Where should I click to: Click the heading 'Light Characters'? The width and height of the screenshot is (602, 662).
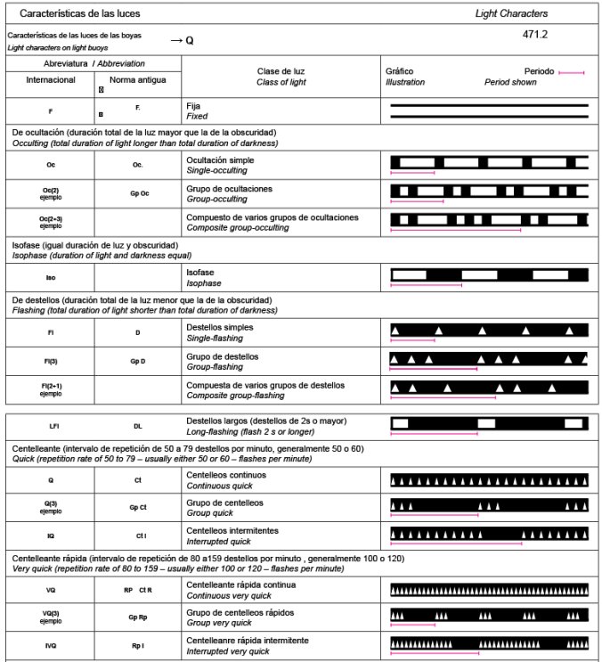coord(512,14)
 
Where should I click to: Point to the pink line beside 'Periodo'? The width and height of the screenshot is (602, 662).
coord(572,71)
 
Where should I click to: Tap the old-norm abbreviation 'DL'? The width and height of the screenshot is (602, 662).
coord(137,426)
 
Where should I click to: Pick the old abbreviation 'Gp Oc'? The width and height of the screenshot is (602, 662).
coord(138,192)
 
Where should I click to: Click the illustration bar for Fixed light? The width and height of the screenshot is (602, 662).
coord(489,110)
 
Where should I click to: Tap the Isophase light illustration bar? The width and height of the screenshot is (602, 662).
coord(489,274)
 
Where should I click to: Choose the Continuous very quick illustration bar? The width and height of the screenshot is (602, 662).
coord(489,590)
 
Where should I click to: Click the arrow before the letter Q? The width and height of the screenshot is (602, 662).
coord(175,40)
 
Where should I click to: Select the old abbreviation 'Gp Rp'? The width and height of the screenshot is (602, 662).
coord(138,617)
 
